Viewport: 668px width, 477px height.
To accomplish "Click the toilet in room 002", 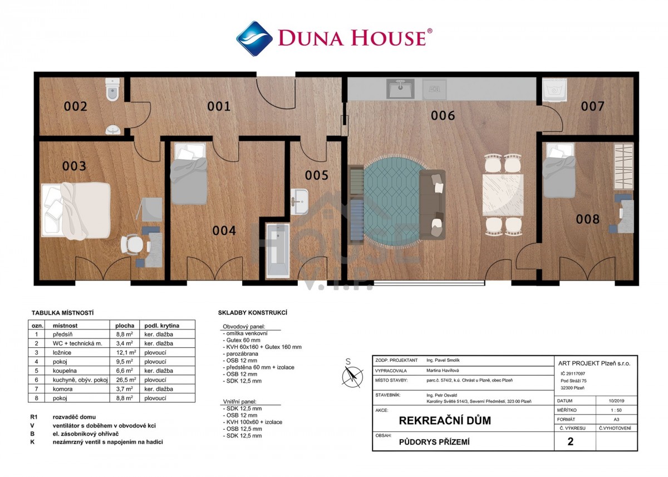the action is tap(112, 90).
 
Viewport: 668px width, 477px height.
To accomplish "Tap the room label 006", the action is tap(443, 116).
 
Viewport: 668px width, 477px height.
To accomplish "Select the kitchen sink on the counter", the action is tap(400, 88).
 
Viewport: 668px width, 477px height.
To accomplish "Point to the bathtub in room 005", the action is tap(278, 250).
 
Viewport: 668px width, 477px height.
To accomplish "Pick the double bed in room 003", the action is tap(76, 211).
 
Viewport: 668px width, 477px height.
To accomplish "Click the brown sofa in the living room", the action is tap(433, 204).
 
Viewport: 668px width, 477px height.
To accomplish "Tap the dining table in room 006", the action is tap(503, 195).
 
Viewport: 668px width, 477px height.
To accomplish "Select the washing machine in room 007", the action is tap(554, 90).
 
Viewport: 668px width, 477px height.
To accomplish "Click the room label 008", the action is tap(587, 219).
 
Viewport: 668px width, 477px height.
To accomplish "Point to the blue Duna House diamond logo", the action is tap(254, 38).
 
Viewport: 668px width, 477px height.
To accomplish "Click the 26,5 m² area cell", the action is tap(126, 380).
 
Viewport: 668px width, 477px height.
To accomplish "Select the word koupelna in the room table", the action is tap(65, 371).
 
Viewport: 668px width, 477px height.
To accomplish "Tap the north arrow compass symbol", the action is tap(352, 376).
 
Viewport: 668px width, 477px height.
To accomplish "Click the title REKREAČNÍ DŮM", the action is tap(445, 421).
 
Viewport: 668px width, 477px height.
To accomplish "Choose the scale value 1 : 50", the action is tap(616, 410).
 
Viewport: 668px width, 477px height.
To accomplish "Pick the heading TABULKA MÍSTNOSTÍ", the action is tap(62, 313).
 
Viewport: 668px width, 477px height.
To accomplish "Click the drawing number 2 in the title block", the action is tap(571, 441).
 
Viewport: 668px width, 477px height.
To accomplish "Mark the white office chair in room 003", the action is tap(132, 244).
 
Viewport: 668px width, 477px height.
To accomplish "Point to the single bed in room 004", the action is tap(189, 174).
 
